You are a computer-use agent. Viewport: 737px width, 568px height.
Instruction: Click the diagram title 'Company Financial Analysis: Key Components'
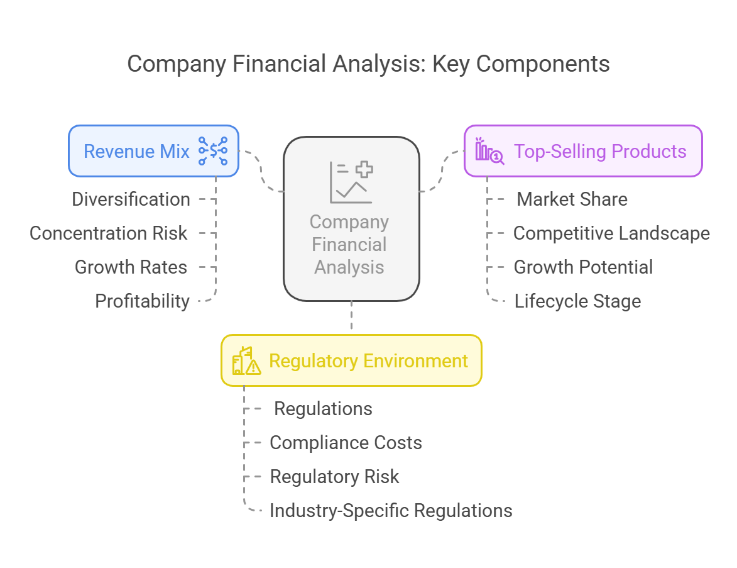(x=368, y=64)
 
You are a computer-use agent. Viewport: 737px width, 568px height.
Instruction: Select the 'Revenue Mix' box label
(x=136, y=152)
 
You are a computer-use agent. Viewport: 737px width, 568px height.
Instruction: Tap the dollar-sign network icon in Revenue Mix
(x=213, y=151)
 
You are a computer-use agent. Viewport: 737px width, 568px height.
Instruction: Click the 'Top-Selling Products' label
(x=600, y=152)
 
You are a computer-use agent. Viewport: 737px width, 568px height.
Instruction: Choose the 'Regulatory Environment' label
(x=368, y=361)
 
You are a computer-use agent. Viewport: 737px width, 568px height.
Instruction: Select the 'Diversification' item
(x=131, y=199)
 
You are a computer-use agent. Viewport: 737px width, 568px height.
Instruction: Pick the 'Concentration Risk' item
(x=109, y=233)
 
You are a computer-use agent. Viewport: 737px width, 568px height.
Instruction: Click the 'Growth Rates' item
(x=131, y=267)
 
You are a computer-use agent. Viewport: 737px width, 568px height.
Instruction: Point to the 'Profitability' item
(x=143, y=301)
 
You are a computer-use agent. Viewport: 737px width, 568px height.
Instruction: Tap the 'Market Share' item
(x=572, y=199)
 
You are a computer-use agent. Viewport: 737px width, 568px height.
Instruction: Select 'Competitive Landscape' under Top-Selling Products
(x=611, y=233)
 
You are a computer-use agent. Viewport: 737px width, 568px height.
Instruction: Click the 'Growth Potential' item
(x=583, y=267)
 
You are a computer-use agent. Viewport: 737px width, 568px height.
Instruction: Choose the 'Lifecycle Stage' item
(x=577, y=301)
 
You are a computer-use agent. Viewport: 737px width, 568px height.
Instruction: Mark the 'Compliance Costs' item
(x=346, y=443)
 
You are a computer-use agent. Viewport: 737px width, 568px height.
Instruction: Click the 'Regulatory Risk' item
(x=335, y=477)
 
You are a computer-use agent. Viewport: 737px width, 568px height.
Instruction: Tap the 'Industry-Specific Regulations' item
(x=391, y=511)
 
